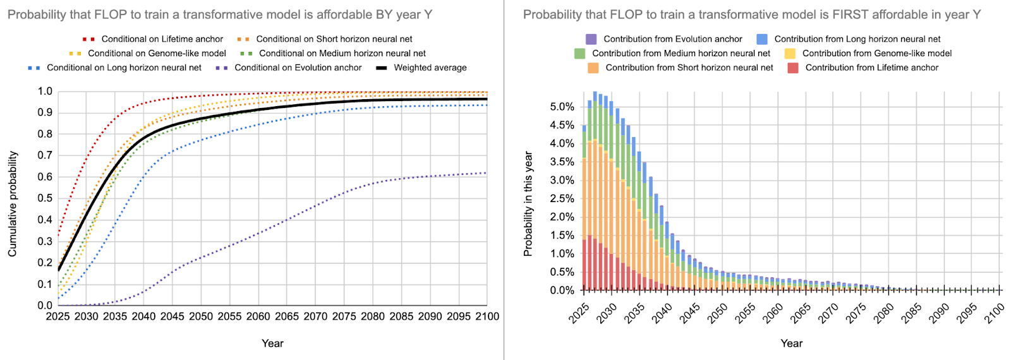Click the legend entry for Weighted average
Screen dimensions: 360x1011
[430, 68]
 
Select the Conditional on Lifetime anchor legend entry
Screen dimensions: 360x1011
[162, 39]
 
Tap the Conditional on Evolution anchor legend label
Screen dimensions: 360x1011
[298, 68]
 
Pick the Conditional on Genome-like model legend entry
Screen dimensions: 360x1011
[157, 54]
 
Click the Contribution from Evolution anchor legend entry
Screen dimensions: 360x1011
[672, 39]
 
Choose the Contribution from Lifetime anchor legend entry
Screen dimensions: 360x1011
[871, 68]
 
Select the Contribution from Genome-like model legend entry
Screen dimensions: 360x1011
[876, 54]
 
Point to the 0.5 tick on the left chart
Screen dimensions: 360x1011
[45, 198]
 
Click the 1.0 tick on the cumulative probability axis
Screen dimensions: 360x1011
[45, 92]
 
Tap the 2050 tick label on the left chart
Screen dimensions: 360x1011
[201, 316]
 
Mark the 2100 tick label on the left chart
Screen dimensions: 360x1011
[487, 316]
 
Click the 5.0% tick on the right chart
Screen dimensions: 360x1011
[562, 107]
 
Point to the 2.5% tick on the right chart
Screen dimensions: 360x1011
[562, 198]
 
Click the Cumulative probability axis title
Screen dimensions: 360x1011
[13, 204]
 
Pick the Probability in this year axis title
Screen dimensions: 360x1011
[528, 204]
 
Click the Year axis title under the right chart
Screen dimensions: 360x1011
[791, 344]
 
